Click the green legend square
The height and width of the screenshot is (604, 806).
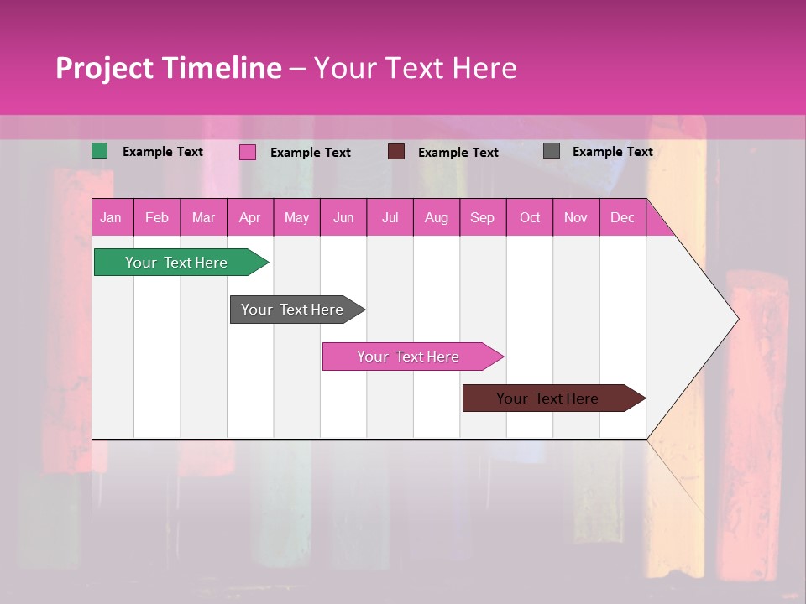[100, 151]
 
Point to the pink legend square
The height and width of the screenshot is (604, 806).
[248, 152]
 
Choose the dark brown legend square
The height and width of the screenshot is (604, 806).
[396, 151]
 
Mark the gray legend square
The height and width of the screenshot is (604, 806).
[552, 151]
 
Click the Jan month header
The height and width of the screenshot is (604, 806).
[111, 218]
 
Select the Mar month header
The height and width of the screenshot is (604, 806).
[203, 218]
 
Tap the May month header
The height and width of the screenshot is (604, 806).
[296, 218]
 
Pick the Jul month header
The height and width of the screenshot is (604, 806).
[390, 218]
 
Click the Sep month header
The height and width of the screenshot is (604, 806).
[482, 218]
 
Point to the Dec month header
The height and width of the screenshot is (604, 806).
[622, 218]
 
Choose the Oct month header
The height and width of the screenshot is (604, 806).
[530, 218]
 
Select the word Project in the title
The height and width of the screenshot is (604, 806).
[104, 68]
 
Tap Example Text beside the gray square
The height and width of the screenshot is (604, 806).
[612, 152]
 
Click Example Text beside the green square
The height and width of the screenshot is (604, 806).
[163, 152]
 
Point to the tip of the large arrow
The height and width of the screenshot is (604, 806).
[737, 319]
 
